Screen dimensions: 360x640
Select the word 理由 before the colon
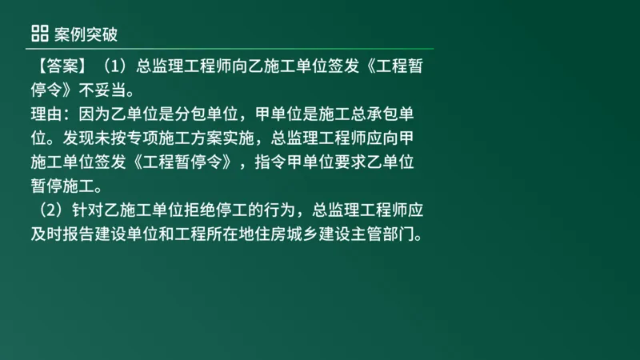click(38, 114)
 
